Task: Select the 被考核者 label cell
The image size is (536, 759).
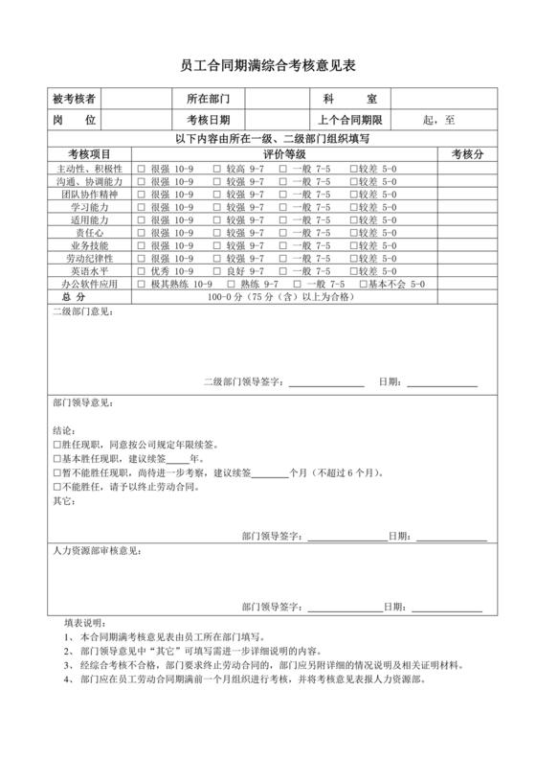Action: coord(75,100)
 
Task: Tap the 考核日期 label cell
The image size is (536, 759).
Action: coord(209,120)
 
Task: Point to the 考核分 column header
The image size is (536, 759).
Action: coord(467,154)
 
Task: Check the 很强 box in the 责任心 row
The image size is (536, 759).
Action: coord(141,233)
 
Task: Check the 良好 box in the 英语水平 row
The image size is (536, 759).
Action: coord(217,272)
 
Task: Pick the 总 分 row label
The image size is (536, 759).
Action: coord(75,298)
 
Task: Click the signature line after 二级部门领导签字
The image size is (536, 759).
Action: coord(325,384)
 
